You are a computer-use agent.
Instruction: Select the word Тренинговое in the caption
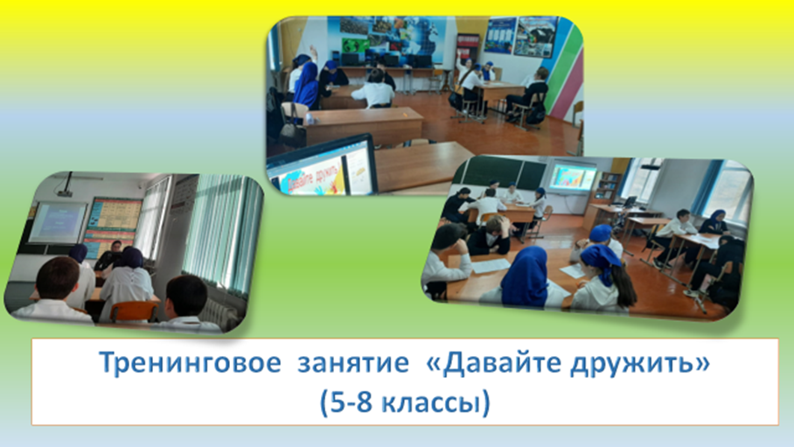click(190, 363)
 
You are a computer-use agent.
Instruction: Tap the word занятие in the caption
click(353, 363)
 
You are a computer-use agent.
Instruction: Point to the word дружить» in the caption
click(640, 363)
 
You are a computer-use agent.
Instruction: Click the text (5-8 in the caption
click(345, 403)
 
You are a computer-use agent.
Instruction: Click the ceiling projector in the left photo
click(65, 190)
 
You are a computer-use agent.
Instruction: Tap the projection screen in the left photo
click(57, 222)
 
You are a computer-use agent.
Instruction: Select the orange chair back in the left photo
click(133, 311)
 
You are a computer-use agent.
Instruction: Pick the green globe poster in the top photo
click(356, 45)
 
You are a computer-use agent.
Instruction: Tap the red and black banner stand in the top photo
click(467, 49)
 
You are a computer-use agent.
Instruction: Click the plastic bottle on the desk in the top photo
click(310, 118)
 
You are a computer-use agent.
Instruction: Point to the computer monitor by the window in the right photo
click(630, 202)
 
